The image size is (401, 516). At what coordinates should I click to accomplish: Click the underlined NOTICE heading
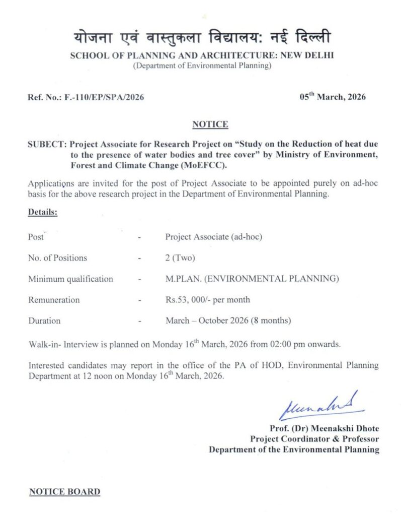click(x=210, y=124)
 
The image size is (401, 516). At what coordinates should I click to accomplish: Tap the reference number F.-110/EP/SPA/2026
click(x=104, y=97)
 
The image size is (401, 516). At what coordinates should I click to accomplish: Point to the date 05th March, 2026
click(x=332, y=96)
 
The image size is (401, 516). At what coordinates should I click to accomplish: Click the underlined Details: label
click(x=43, y=212)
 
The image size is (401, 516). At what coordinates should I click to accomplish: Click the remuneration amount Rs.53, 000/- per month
click(x=207, y=300)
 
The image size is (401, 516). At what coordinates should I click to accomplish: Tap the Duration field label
click(x=44, y=320)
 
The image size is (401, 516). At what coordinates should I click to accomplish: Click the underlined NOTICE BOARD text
click(x=64, y=491)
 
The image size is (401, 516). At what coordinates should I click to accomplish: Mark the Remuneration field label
click(x=54, y=300)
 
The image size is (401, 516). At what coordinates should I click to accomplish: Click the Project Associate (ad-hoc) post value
click(x=214, y=237)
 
